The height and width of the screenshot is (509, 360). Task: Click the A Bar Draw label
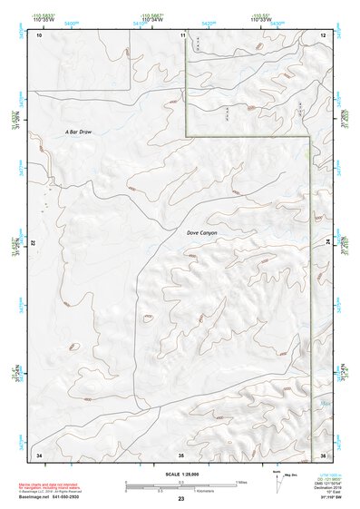[x=79, y=132]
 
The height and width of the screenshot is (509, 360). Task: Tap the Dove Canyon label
[x=202, y=233]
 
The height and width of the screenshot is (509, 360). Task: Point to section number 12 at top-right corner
[x=323, y=35]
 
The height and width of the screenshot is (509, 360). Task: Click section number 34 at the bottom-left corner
[x=38, y=453]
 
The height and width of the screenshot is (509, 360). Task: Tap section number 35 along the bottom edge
[x=181, y=453]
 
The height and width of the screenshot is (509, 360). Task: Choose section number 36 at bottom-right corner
[x=323, y=453]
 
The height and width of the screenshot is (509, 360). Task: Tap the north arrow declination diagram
[x=276, y=484]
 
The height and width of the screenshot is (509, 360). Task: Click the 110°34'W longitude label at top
[x=150, y=20]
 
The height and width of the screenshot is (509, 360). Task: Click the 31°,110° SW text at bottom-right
[x=334, y=500]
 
